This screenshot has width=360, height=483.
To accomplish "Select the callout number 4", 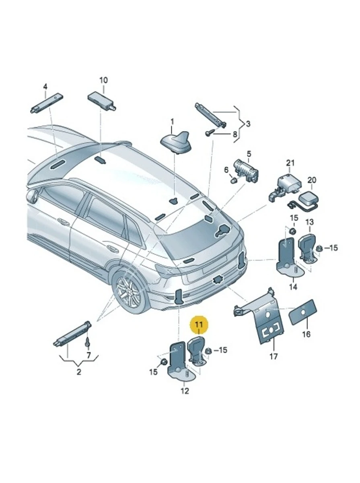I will point(45,87).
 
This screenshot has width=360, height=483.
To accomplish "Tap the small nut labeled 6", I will point(233,181).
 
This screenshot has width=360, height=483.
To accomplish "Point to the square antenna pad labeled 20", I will point(312,198).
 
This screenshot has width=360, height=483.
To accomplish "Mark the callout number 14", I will point(293,287).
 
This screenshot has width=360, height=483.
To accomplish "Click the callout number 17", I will point(274,356).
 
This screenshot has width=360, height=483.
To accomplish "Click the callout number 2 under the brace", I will point(78,372).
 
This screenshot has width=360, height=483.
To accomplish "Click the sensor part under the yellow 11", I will point(197,349).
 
